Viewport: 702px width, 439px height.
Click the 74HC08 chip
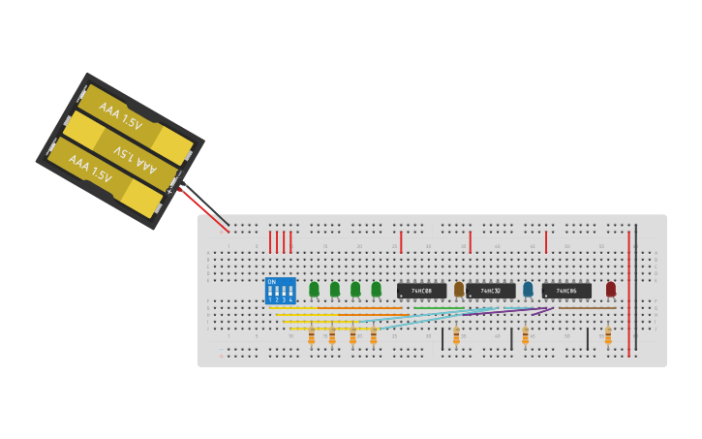pyautogui.click(x=421, y=291)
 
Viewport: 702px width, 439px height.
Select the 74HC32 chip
pyautogui.click(x=491, y=291)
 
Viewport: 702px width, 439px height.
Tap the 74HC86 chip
pyautogui.click(x=566, y=291)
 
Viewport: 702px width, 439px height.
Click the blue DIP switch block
pyautogui.click(x=280, y=291)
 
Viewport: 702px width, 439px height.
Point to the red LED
pyautogui.click(x=611, y=289)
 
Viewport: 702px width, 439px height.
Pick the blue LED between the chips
pyautogui.click(x=528, y=289)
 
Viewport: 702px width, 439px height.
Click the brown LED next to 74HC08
pyautogui.click(x=459, y=289)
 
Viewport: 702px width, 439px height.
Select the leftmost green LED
pyautogui.click(x=314, y=289)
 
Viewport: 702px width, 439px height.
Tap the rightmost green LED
pyautogui.click(x=376, y=289)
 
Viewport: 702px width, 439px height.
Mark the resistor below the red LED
pyautogui.click(x=608, y=335)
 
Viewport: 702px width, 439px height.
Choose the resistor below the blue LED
pyautogui.click(x=525, y=335)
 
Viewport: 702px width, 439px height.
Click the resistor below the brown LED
pyautogui.click(x=456, y=335)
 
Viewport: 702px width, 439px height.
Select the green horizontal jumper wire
pyautogui.click(x=436, y=308)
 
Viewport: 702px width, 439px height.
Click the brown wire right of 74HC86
pyautogui.click(x=591, y=308)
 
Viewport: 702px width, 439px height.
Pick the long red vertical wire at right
pyautogui.click(x=628, y=291)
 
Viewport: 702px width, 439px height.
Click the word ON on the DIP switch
pyautogui.click(x=271, y=282)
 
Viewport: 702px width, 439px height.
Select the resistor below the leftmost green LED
pyautogui.click(x=311, y=336)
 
